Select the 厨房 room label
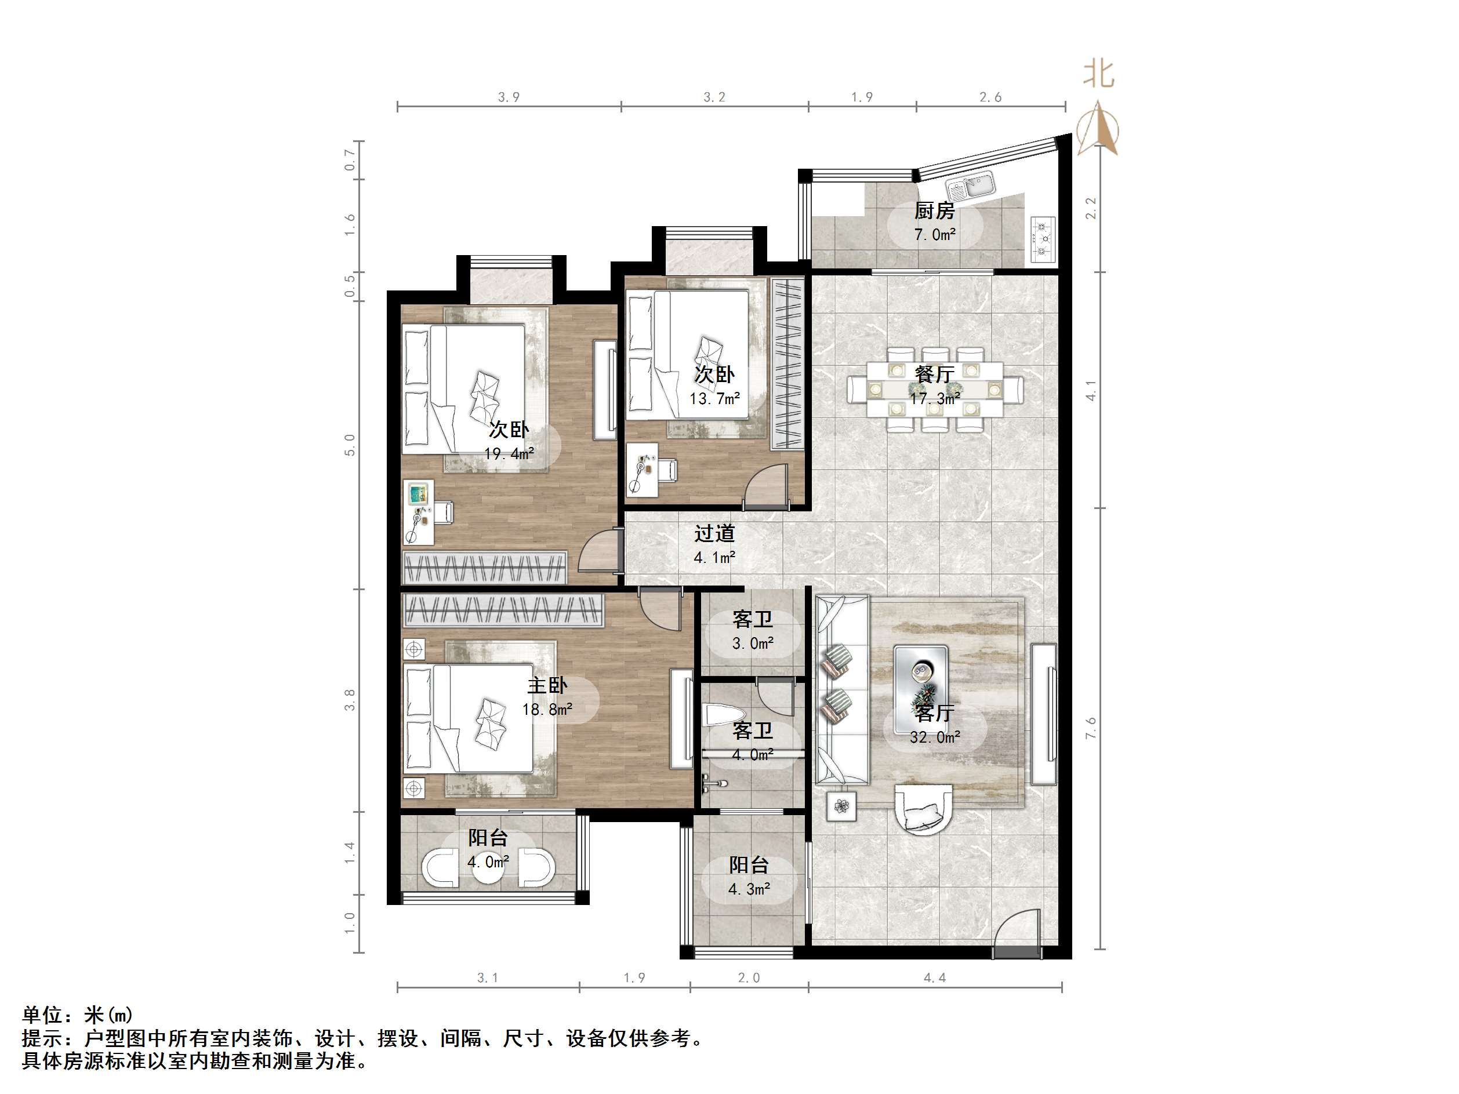[934, 211]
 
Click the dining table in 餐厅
[935, 389]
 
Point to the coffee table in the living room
[921, 689]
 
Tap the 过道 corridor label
[714, 533]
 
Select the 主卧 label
[547, 686]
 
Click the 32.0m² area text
[935, 737]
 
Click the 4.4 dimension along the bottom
[934, 978]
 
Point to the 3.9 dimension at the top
[509, 97]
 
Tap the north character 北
[1098, 74]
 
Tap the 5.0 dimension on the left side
[350, 445]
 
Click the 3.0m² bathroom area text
[753, 643]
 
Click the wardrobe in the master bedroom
[503, 610]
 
